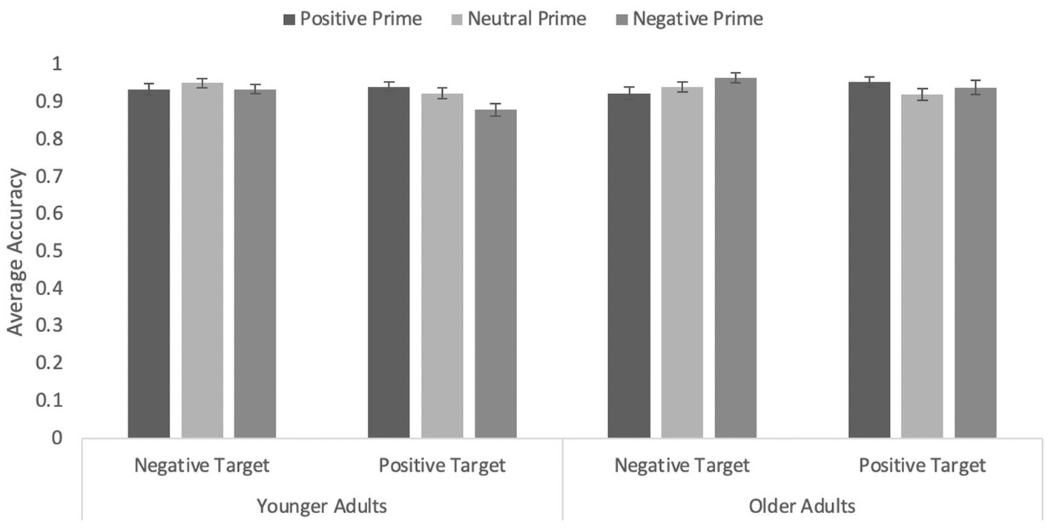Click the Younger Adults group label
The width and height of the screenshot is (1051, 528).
point(321,506)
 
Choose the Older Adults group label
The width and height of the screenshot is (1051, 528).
point(802,506)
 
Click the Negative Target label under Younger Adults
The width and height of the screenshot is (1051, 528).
point(202,466)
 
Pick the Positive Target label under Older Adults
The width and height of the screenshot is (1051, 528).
point(923,466)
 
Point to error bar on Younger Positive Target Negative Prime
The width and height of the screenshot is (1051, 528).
point(495,110)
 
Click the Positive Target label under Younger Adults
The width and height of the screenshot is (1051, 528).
point(442,466)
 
